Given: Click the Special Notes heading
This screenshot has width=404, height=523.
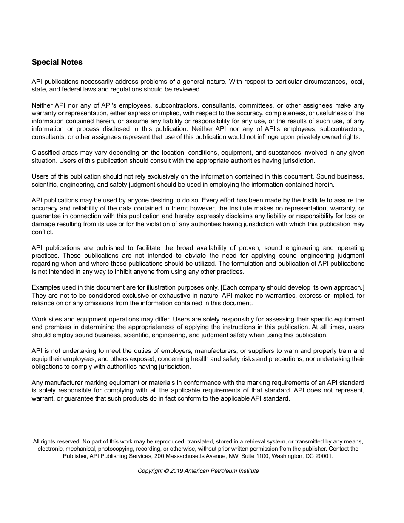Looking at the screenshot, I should point(57,62).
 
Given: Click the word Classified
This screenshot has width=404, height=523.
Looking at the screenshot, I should point(46,153).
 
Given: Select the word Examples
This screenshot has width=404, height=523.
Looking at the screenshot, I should point(46,287).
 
